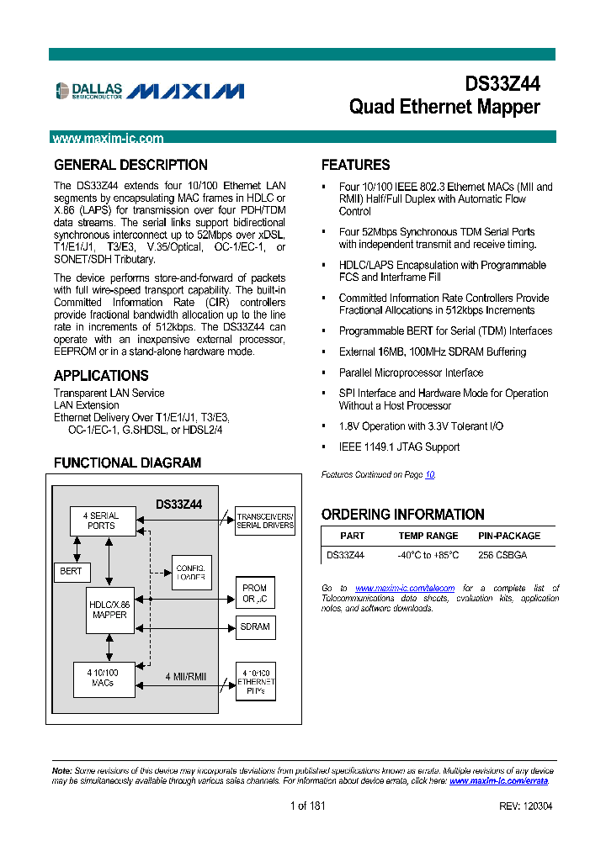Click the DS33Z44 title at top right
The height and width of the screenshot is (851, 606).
502,84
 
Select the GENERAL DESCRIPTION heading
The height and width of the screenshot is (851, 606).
130,165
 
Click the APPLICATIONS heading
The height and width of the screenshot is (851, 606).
101,376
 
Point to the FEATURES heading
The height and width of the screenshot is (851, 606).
355,165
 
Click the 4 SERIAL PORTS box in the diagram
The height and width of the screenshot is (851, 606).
101,521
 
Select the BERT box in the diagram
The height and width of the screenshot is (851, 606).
71,572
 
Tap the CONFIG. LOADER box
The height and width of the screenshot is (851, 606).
191,573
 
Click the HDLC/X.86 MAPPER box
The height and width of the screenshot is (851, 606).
109,610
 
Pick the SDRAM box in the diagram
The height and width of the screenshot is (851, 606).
254,626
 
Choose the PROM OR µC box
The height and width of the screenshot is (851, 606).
254,594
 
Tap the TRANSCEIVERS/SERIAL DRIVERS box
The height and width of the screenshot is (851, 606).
265,521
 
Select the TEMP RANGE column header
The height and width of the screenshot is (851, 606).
428,536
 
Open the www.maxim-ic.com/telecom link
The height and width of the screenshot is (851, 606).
405,588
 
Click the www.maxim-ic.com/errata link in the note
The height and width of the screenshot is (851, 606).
498,781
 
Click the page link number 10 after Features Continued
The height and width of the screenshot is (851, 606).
429,475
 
